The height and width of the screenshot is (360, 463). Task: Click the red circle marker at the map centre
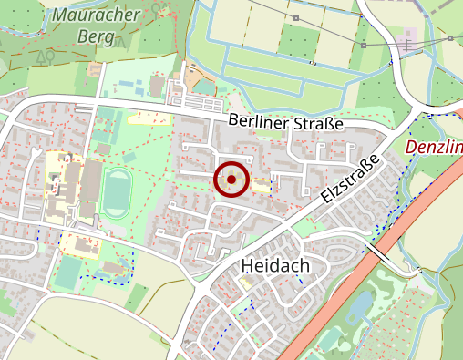tap(231, 180)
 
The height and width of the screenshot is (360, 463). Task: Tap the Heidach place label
tap(275, 265)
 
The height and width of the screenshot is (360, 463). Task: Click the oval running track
tap(116, 191)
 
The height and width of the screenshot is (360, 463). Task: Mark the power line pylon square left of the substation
tap(363, 44)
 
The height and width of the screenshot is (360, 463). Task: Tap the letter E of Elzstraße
tap(325, 200)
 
